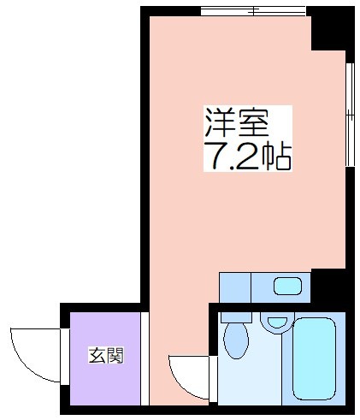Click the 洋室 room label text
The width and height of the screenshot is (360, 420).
(237, 122)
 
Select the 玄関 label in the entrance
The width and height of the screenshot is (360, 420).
(106, 355)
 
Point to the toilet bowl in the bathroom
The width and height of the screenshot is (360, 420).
(236, 340)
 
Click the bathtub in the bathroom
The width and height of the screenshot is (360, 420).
(314, 359)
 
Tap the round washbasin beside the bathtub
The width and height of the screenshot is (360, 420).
(277, 322)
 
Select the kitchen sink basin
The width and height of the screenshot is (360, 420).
(287, 287)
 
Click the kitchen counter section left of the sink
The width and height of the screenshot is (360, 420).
(235, 287)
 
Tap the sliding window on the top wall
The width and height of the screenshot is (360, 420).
(253, 11)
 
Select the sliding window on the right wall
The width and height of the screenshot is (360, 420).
(350, 115)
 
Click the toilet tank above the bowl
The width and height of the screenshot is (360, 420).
(236, 317)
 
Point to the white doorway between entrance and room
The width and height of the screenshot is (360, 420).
(145, 358)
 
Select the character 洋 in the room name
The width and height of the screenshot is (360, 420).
(220, 122)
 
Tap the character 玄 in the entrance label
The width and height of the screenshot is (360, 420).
(97, 355)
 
